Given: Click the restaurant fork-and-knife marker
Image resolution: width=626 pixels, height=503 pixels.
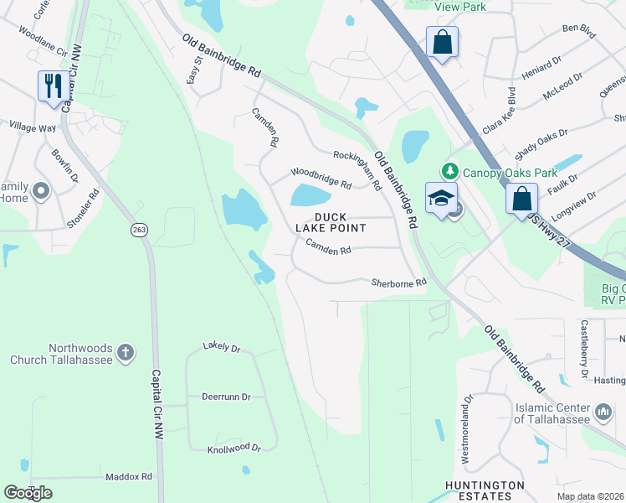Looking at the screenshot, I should tap(52, 86).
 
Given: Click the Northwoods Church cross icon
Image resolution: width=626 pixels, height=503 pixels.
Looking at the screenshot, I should tap(125, 352).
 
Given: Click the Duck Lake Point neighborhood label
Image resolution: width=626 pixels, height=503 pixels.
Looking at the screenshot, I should tap(341, 222).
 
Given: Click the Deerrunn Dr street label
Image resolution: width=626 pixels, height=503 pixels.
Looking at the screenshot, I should tap(226, 397).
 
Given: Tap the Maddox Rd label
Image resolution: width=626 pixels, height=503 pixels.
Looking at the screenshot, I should tap(129, 476).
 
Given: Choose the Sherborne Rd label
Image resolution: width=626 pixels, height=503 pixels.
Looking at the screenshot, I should tap(399, 283).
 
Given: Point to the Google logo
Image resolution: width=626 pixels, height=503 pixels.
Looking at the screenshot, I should tap(28, 493).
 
